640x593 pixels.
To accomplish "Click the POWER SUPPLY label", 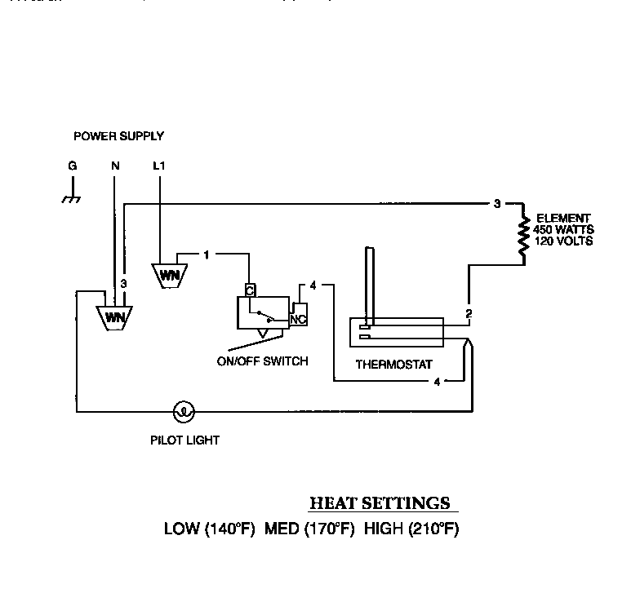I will [x=118, y=136].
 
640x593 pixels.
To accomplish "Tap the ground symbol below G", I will [x=72, y=196].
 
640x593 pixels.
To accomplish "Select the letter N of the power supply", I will [x=115, y=166].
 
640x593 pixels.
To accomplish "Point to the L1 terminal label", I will [x=159, y=166].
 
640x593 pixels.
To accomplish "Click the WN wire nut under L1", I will [x=170, y=274].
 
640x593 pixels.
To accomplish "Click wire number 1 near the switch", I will [x=207, y=254].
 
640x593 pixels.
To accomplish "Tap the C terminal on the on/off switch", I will [x=250, y=288].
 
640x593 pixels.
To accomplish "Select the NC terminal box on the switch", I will [x=299, y=319].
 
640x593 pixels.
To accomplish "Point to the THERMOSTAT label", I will [x=394, y=365].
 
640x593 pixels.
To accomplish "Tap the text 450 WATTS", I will [x=563, y=230].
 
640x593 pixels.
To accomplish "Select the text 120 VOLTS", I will [x=563, y=241].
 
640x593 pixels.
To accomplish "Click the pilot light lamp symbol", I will [x=185, y=412].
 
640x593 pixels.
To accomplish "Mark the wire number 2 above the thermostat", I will [x=468, y=313].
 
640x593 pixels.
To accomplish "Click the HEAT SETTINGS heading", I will [x=379, y=502].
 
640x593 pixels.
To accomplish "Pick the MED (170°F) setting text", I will [x=309, y=529].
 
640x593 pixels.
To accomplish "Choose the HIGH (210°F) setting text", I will [x=411, y=529].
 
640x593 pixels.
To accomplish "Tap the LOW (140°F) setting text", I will [x=210, y=529].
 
